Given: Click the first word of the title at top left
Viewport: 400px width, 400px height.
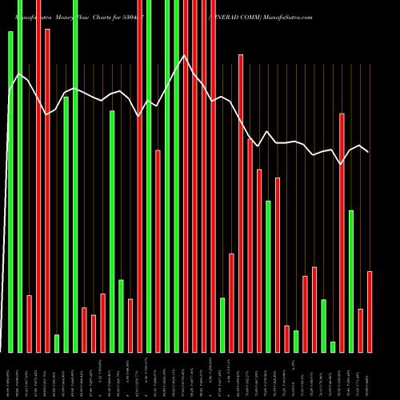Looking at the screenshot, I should click(30, 16).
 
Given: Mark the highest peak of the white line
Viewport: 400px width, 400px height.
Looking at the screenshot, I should click(185, 55).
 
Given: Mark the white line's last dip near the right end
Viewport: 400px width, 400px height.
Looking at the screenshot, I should click(342, 164).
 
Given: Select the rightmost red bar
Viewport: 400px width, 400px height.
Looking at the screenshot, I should click(370, 312).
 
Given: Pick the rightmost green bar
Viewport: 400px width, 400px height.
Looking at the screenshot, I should click(351, 281).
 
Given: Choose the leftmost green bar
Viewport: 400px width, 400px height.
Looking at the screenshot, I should click(10, 192).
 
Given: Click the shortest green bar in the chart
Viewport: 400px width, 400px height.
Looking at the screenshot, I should click(333, 346).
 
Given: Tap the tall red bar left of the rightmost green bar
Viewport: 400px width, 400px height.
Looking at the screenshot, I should click(342, 232).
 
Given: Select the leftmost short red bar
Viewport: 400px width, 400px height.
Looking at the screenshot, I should click(29, 323).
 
